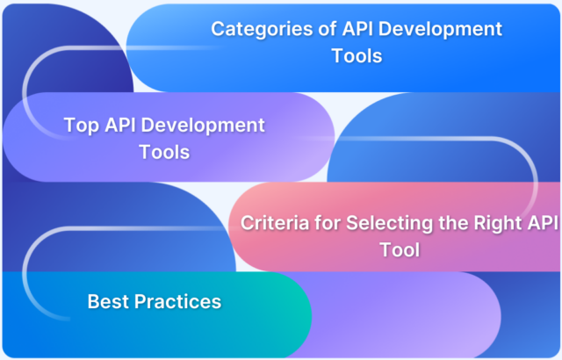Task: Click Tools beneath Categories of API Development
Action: (x=357, y=56)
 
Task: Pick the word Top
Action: (x=80, y=125)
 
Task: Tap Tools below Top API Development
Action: (x=164, y=152)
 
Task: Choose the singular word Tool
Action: (x=400, y=249)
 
